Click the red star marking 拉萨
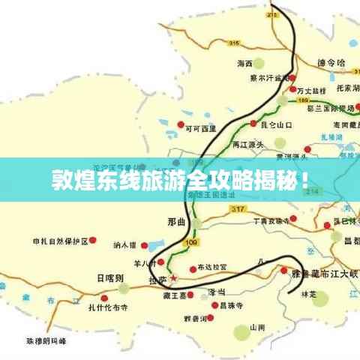174,278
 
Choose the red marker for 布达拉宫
193,268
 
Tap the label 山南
257,327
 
